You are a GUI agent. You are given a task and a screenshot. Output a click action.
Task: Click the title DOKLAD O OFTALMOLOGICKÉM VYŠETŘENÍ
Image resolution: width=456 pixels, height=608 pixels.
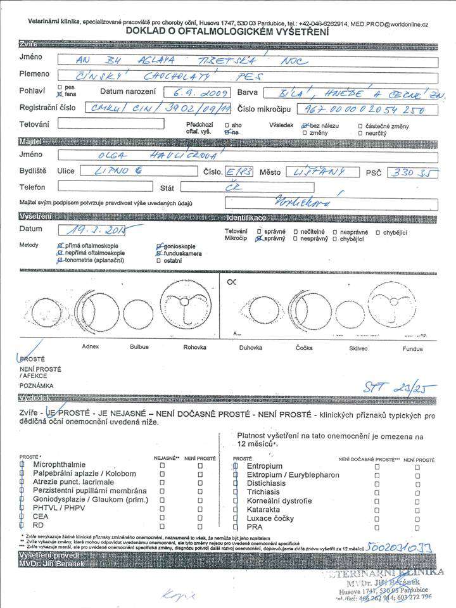pyautogui.click(x=227, y=30)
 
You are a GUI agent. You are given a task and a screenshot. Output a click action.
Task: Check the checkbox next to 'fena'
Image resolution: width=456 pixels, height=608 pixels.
pyautogui.click(x=60, y=93)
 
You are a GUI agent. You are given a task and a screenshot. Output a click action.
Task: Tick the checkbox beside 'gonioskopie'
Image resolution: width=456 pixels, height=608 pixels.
pyautogui.click(x=158, y=246)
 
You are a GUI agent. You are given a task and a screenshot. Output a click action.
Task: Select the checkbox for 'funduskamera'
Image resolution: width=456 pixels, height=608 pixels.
pyautogui.click(x=158, y=253)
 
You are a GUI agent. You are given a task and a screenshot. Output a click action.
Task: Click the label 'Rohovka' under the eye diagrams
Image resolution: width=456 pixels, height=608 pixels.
pyautogui.click(x=194, y=347)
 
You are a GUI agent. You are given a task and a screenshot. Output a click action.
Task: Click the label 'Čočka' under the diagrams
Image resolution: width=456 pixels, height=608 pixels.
pyautogui.click(x=304, y=348)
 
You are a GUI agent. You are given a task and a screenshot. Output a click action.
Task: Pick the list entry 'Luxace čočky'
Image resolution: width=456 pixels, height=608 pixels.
pyautogui.click(x=271, y=517)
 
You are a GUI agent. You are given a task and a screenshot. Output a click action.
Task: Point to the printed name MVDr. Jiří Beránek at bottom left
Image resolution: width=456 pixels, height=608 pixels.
pyautogui.click(x=47, y=562)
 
